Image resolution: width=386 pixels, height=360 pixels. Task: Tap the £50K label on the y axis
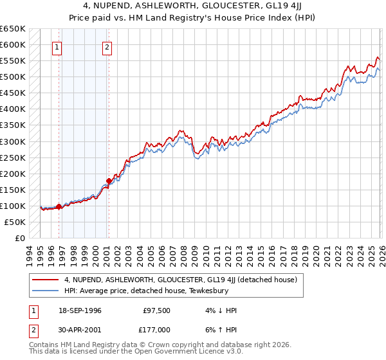[14, 222]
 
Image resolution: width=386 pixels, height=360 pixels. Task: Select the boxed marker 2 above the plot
[107, 46]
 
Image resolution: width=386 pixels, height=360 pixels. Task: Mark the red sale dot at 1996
[59, 206]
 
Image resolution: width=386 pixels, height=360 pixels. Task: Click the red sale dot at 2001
[109, 181]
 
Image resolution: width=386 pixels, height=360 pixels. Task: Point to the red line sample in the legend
[46, 280]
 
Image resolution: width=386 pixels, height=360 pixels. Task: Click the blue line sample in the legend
[46, 291]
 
